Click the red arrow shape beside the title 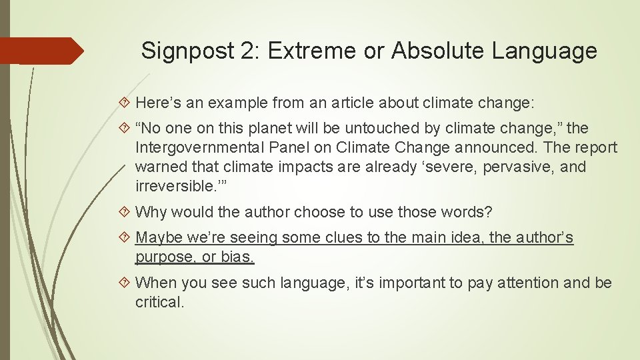click(x=40, y=51)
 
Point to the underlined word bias click(x=239, y=257)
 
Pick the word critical click(x=158, y=302)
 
